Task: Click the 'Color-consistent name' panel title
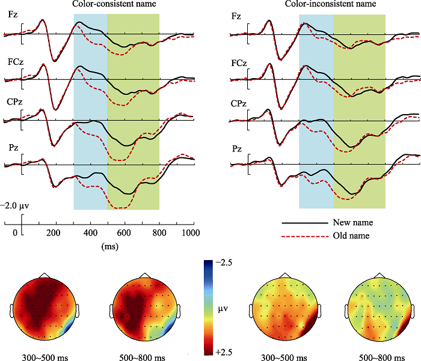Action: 114,4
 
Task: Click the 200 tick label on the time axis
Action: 55,232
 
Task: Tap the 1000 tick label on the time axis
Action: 191,232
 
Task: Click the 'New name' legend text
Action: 350,222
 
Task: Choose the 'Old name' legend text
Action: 349,235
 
